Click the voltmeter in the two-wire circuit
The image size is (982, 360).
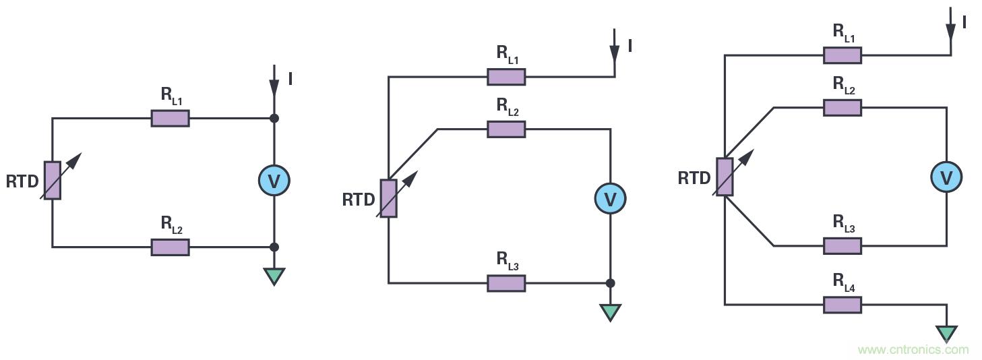274,181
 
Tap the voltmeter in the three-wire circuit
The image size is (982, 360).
610,198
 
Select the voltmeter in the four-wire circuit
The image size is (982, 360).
946,177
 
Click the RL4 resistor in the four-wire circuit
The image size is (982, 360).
842,305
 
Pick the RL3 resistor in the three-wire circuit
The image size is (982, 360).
506,283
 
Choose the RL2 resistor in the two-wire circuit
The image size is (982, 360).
170,247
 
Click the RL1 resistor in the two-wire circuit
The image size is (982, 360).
170,119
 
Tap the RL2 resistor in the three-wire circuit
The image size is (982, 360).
506,129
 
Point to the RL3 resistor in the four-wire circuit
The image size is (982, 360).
842,245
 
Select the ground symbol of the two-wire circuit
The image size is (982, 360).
274,276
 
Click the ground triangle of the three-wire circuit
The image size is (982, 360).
610,312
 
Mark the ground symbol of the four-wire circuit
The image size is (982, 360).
946,333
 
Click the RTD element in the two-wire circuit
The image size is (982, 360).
53,180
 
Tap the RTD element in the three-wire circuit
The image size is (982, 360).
389,198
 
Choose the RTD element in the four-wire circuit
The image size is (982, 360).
725,177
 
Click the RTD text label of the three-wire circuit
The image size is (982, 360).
358,200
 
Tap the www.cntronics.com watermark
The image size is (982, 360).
913,350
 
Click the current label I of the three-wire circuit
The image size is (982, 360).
630,46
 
